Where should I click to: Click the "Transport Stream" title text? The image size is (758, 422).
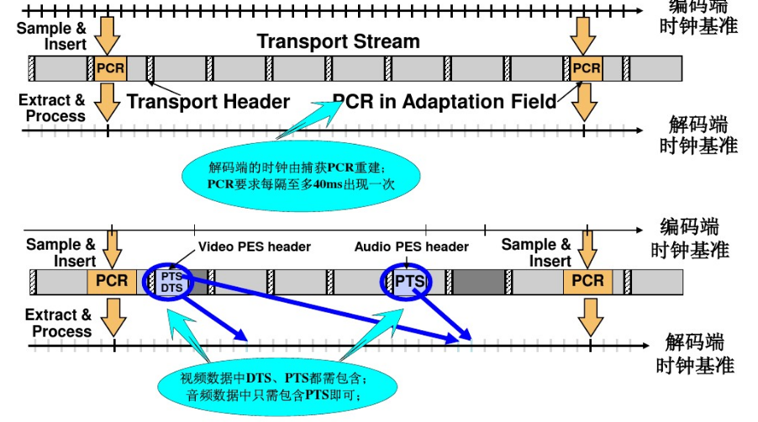point(338,40)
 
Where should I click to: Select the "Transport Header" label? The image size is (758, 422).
point(208,103)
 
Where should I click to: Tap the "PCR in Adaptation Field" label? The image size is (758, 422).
point(445,102)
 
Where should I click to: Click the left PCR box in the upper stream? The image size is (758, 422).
point(109,68)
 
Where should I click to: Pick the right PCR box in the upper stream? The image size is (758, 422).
point(586,68)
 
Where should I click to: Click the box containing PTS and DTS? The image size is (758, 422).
point(171,282)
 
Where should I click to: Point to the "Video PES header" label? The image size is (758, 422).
point(255,247)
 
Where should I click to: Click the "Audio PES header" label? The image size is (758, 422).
point(411,247)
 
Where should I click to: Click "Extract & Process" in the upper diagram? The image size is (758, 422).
point(51,108)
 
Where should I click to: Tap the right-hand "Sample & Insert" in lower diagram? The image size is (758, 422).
point(535,252)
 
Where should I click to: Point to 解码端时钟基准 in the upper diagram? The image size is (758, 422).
point(703,134)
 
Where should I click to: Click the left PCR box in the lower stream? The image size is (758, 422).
point(111,282)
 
